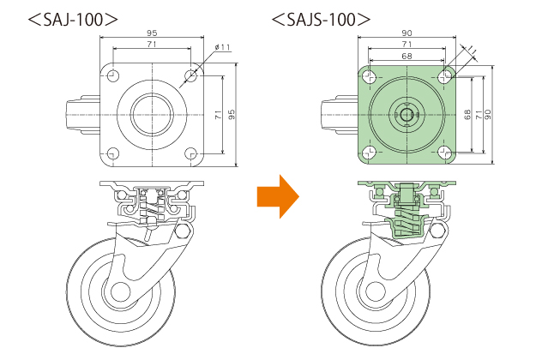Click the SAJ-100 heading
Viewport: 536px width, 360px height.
pos(73,20)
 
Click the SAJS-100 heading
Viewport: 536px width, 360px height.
pos(321,20)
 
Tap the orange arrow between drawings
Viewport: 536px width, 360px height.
pos(278,196)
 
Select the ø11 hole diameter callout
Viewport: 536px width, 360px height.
pos(222,47)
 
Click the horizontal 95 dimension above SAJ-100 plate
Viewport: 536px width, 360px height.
pos(152,33)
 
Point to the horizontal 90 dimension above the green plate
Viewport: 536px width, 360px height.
pos(407,33)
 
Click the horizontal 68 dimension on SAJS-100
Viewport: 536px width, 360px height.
pos(407,56)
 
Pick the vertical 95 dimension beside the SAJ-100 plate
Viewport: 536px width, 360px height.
pos(232,114)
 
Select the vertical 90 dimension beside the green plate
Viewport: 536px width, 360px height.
pos(488,114)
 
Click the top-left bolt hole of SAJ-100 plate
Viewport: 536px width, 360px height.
pos(113,75)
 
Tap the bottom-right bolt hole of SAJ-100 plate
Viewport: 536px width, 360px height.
pos(190,153)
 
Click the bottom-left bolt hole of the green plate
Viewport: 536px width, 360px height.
pos(368,153)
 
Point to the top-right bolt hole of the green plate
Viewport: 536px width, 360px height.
pos(445,76)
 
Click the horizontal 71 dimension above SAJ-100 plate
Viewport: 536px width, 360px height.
pos(152,44)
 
